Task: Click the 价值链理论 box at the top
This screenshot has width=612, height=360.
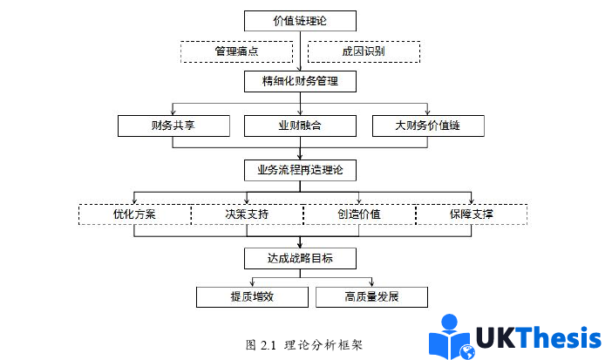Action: [301, 20]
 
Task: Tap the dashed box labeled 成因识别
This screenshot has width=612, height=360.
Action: [364, 51]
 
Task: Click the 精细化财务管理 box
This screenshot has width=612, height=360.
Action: [301, 83]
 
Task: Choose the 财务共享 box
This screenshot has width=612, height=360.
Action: [173, 126]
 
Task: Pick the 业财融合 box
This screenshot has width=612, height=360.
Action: [301, 126]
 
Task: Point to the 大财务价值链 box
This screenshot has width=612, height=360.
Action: [428, 126]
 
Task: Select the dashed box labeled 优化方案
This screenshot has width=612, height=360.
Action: [134, 214]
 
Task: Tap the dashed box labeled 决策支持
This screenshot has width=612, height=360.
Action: [247, 214]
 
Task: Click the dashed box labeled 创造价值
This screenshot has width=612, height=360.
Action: [358, 214]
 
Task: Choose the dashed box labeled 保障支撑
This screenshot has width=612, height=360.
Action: [472, 214]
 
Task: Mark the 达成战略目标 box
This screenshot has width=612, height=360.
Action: [301, 258]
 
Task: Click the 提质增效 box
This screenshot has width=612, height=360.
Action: [253, 297]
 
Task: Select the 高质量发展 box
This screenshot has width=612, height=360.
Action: [372, 297]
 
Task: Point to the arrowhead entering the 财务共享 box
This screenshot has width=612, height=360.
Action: [173, 113]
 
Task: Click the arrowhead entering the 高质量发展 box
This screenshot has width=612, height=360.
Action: [372, 283]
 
